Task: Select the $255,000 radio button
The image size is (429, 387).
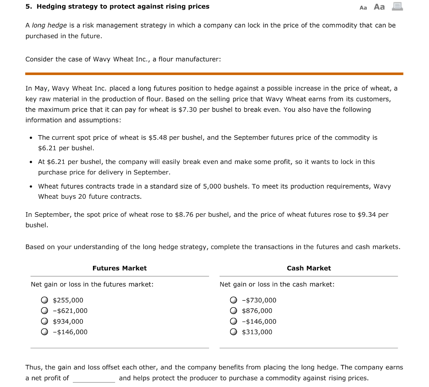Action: tap(44, 300)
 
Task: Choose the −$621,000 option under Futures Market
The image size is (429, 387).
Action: tap(44, 311)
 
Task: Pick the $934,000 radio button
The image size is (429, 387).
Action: tap(44, 322)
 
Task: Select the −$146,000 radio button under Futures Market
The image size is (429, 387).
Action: tap(44, 332)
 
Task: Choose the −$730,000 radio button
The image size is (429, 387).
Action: tap(233, 300)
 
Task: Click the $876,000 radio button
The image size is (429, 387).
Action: tap(233, 311)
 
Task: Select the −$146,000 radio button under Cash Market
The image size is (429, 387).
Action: tap(233, 322)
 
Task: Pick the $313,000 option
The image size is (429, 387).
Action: tap(233, 332)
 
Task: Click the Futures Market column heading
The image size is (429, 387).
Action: tap(119, 268)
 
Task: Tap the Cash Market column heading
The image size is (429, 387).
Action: tap(309, 268)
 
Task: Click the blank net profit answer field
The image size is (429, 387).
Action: tap(94, 378)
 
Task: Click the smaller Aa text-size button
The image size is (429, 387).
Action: tap(363, 7)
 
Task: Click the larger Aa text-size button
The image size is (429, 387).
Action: tap(379, 7)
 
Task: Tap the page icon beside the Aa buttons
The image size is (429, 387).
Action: tap(397, 6)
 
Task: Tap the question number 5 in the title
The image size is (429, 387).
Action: tap(28, 7)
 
